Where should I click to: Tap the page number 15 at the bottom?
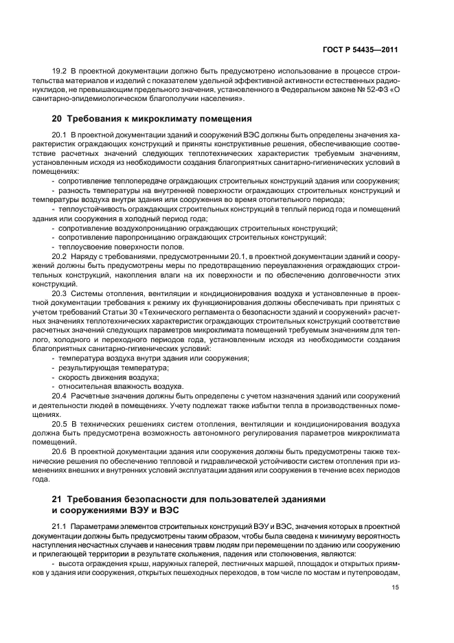395,587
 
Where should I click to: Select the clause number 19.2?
60,71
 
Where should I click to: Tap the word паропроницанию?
131,236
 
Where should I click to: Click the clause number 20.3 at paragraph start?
60,293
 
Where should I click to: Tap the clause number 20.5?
60,424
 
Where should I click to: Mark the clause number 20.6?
60,452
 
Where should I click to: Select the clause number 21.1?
60,526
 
